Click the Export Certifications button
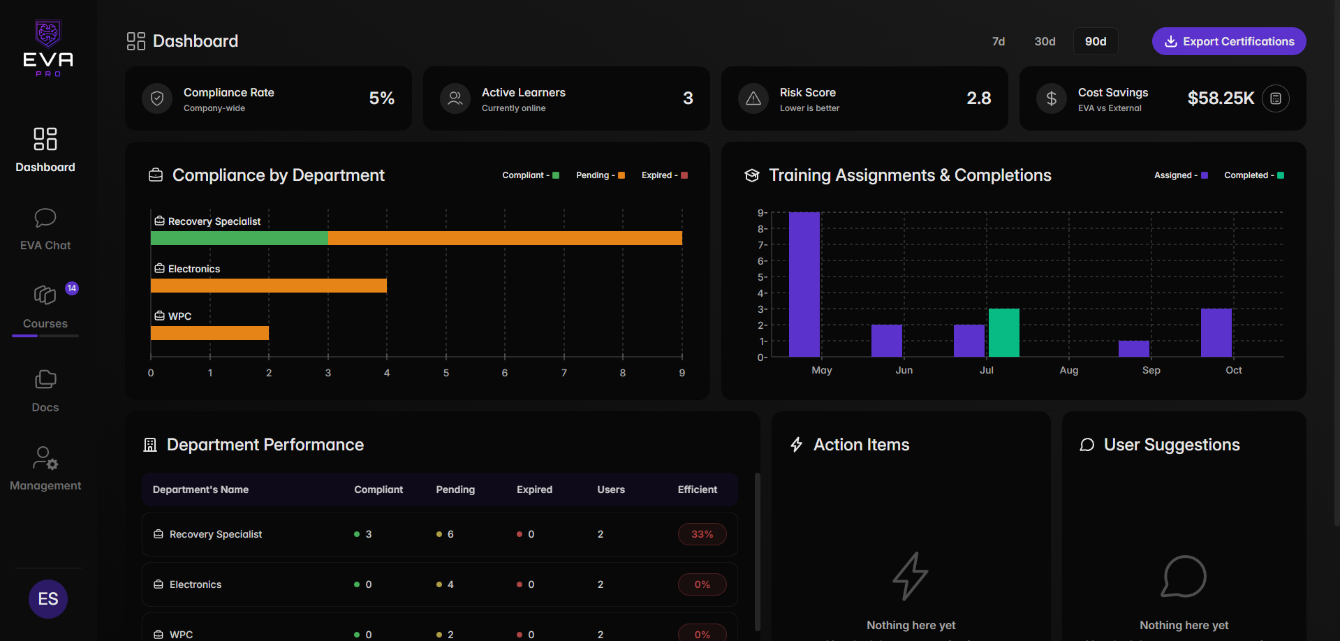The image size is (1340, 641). [x=1228, y=41]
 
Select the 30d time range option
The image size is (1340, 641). [x=1045, y=41]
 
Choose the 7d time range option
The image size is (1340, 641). [x=999, y=41]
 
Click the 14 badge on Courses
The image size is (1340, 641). [x=72, y=288]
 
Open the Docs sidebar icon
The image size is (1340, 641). [x=45, y=380]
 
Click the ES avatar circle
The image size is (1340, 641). [x=48, y=599]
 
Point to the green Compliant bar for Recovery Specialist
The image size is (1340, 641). [x=239, y=238]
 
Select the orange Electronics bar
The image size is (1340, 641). [x=268, y=286]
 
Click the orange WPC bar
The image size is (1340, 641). [x=209, y=333]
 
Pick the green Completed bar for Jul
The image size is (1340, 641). [x=1003, y=332]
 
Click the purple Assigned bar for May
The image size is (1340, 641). [x=804, y=284]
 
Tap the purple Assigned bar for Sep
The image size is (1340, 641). [x=1133, y=348]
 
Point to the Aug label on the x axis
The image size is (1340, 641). [x=1068, y=370]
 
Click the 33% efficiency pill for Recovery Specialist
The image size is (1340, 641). [x=702, y=534]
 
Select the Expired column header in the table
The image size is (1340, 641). [x=534, y=489]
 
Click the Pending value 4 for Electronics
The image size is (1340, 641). [x=450, y=584]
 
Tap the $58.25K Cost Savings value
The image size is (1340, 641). [x=1221, y=98]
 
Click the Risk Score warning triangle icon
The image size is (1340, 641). [x=753, y=98]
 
